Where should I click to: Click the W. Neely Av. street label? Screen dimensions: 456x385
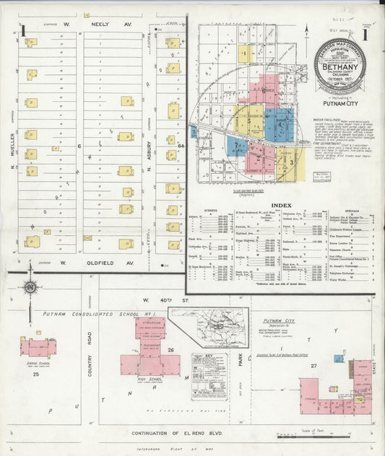click(102, 25)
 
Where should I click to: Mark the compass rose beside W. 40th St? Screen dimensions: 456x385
click(30, 288)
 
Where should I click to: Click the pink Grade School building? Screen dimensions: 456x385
click(38, 347)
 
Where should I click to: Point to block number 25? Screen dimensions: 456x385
click(35, 374)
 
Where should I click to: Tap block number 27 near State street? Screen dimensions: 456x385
click(313, 367)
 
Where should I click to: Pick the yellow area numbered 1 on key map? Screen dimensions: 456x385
click(246, 53)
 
